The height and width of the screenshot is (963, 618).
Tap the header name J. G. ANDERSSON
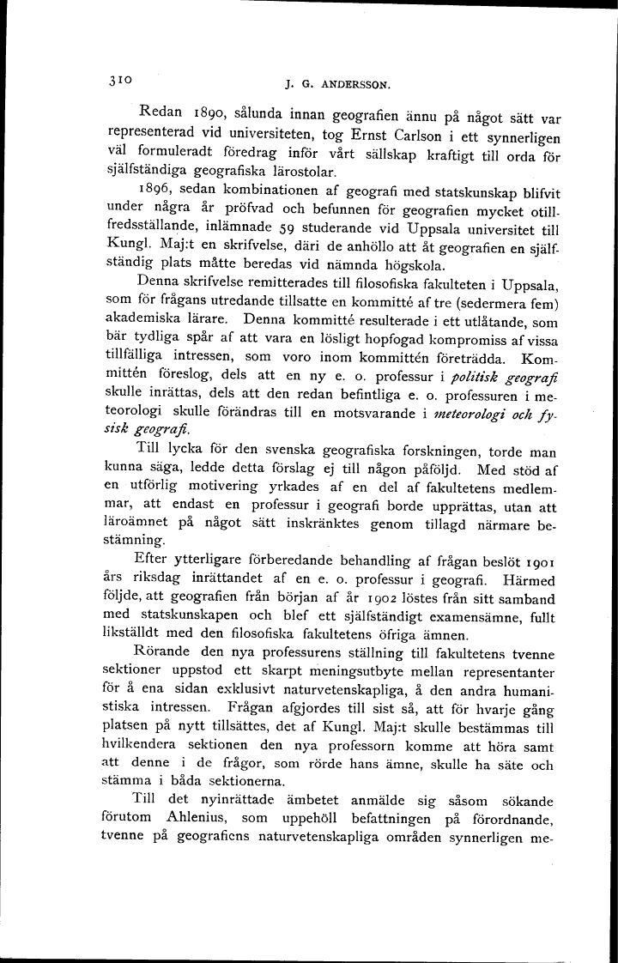(x=337, y=85)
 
